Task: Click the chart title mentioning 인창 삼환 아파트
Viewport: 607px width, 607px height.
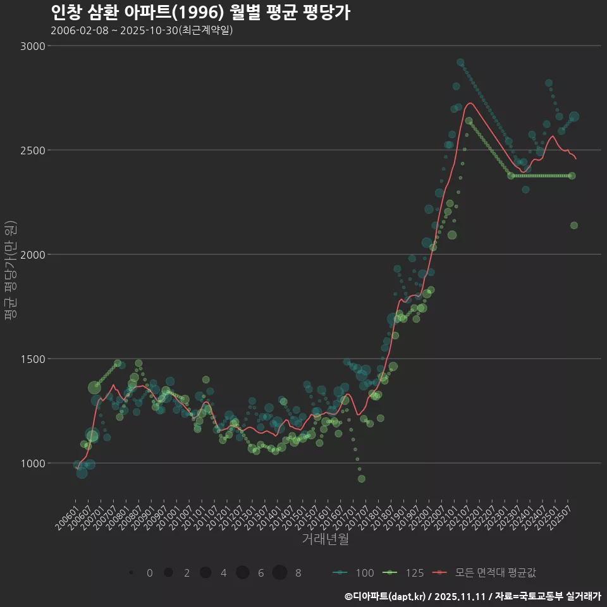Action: [200, 13]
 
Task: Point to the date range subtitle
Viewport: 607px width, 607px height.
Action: [142, 30]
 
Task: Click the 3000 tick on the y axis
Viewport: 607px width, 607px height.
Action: [32, 46]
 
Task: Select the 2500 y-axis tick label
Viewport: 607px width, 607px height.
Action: [32, 150]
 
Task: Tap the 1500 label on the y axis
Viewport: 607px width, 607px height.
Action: [32, 359]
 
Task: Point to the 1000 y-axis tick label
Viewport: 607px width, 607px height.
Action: [32, 463]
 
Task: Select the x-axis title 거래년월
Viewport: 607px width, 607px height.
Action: [325, 539]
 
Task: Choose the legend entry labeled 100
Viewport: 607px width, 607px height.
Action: [353, 573]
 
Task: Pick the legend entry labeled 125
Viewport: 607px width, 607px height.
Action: [403, 573]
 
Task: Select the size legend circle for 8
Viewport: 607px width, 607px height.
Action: [279, 573]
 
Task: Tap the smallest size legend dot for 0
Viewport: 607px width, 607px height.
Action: [131, 573]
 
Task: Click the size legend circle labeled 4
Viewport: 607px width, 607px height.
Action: [205, 573]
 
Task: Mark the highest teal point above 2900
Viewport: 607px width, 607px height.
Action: [460, 63]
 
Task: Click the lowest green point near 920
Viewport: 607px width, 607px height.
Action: [362, 479]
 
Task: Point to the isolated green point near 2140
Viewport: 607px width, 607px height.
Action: [574, 226]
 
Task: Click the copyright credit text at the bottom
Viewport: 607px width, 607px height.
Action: [472, 596]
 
